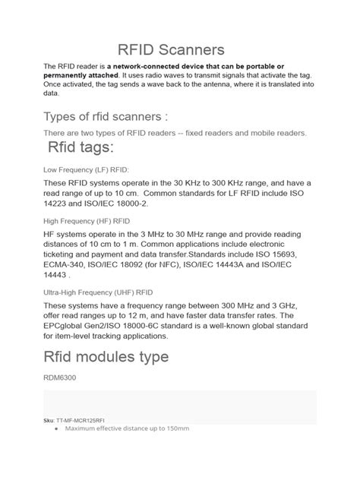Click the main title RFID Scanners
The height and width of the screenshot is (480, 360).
pos(180,50)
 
